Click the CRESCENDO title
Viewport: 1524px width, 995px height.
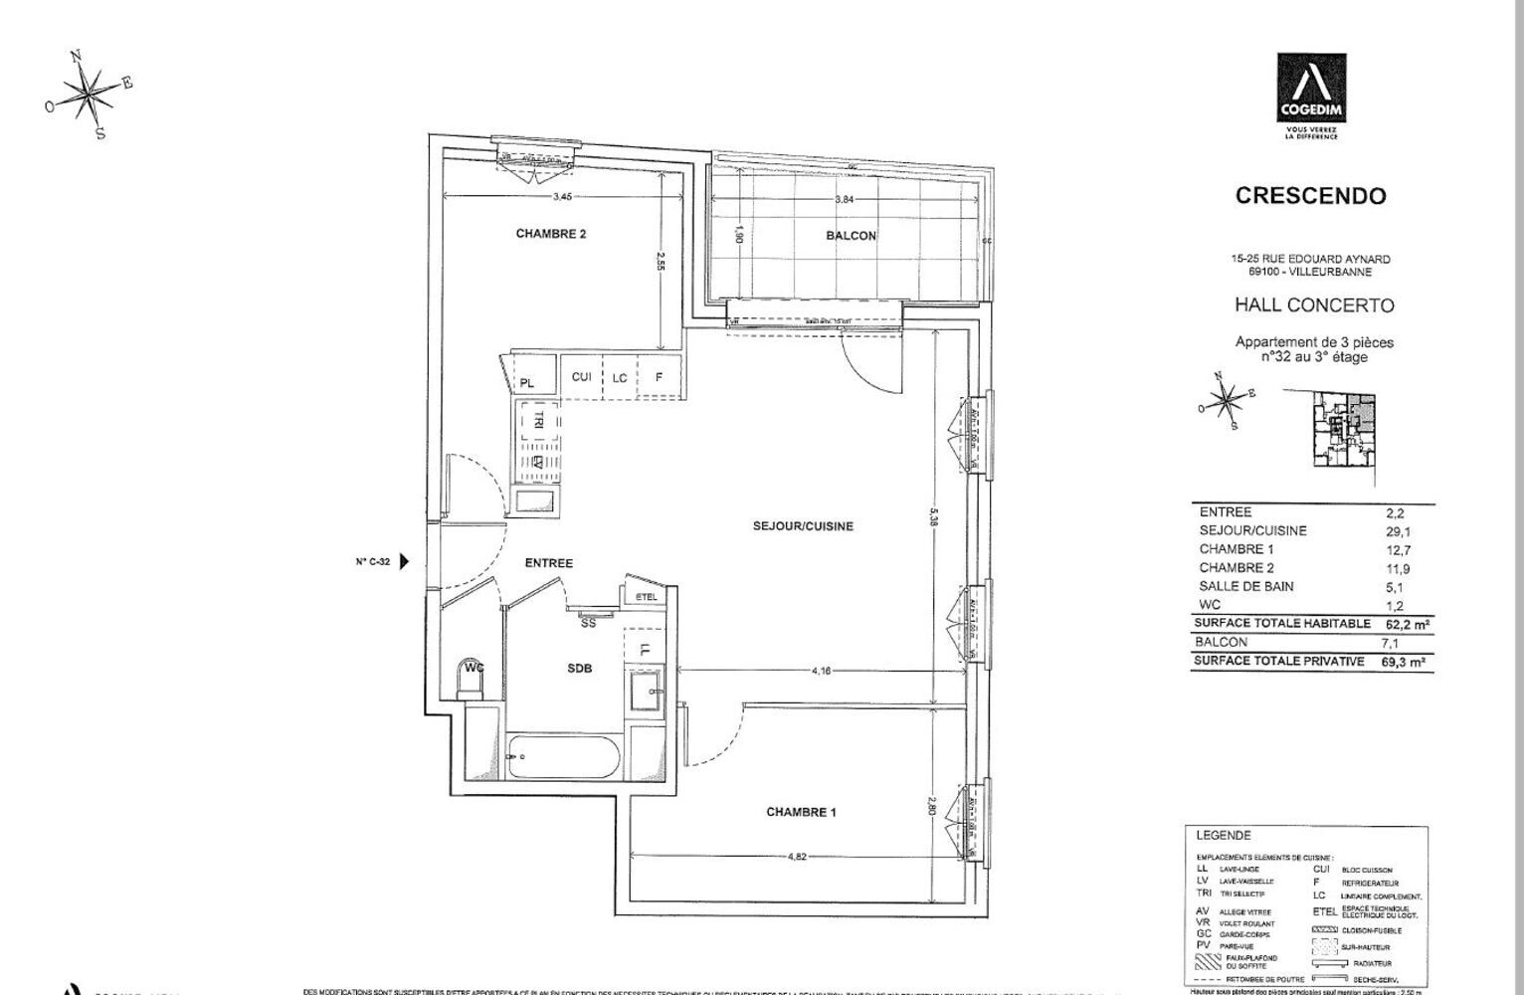(1310, 196)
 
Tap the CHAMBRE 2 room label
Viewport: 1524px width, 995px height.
(550, 234)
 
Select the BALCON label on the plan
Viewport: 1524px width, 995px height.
(851, 236)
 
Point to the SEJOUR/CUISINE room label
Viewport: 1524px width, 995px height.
(803, 526)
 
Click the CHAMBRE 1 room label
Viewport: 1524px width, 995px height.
(801, 812)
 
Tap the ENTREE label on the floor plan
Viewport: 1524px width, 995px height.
(548, 563)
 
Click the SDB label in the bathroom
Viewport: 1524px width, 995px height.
(579, 669)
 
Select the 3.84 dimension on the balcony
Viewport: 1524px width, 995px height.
(845, 199)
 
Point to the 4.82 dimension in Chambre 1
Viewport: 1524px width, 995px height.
(798, 856)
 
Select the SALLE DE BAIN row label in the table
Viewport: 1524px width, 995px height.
(1245, 587)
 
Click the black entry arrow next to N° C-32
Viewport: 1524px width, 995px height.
(404, 562)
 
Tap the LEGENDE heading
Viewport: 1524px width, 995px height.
(1223, 836)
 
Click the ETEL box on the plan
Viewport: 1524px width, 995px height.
(647, 597)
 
